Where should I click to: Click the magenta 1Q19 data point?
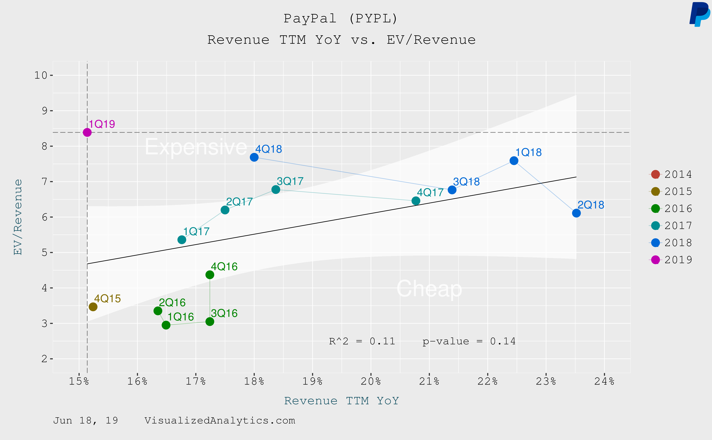(x=87, y=132)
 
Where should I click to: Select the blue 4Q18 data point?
(x=254, y=157)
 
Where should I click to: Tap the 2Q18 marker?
(x=576, y=213)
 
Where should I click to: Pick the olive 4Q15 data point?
(x=93, y=307)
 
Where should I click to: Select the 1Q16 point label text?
(x=181, y=317)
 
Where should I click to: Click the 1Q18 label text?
(x=528, y=152)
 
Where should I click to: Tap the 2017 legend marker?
(x=655, y=226)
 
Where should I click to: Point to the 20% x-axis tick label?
(x=371, y=381)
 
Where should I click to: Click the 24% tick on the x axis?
(x=604, y=381)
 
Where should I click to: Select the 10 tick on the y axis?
(x=41, y=75)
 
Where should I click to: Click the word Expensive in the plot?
(x=196, y=147)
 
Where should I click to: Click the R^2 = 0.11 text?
(x=362, y=341)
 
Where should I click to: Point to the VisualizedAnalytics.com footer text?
(x=220, y=420)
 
